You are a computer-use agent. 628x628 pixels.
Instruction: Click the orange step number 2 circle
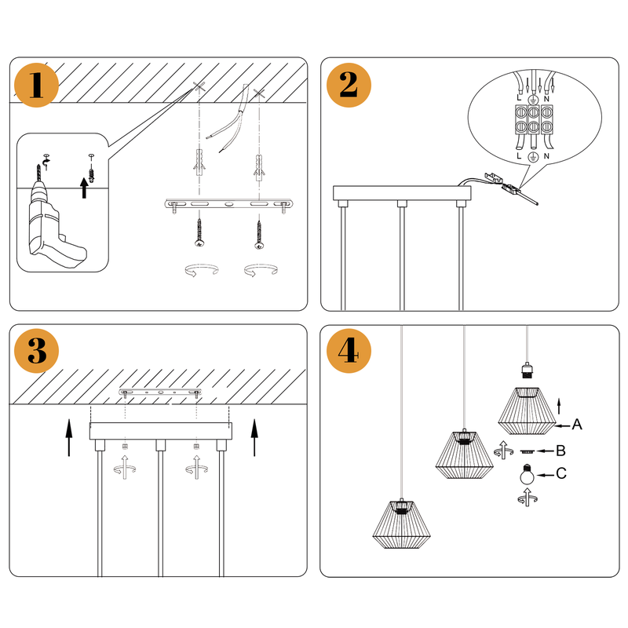click(x=349, y=85)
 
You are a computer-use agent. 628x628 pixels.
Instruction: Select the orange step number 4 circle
click(x=349, y=352)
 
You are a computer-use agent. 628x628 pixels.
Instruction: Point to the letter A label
click(x=577, y=425)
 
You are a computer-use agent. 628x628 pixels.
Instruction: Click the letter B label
click(x=560, y=451)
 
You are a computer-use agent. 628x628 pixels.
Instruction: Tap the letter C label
click(x=560, y=473)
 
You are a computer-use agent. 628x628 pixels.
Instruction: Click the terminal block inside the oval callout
click(x=532, y=123)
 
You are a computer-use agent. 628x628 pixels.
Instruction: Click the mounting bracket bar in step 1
click(x=227, y=205)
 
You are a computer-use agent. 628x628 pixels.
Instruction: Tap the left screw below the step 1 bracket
click(x=199, y=234)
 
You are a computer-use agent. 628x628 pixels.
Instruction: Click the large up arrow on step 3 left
click(x=69, y=438)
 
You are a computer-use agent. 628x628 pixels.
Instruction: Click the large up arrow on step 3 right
click(x=254, y=438)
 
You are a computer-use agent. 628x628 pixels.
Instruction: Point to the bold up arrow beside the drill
click(x=83, y=188)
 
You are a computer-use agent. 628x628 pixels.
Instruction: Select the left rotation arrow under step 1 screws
click(x=199, y=271)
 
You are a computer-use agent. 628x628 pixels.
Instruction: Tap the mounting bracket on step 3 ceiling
click(x=160, y=391)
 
